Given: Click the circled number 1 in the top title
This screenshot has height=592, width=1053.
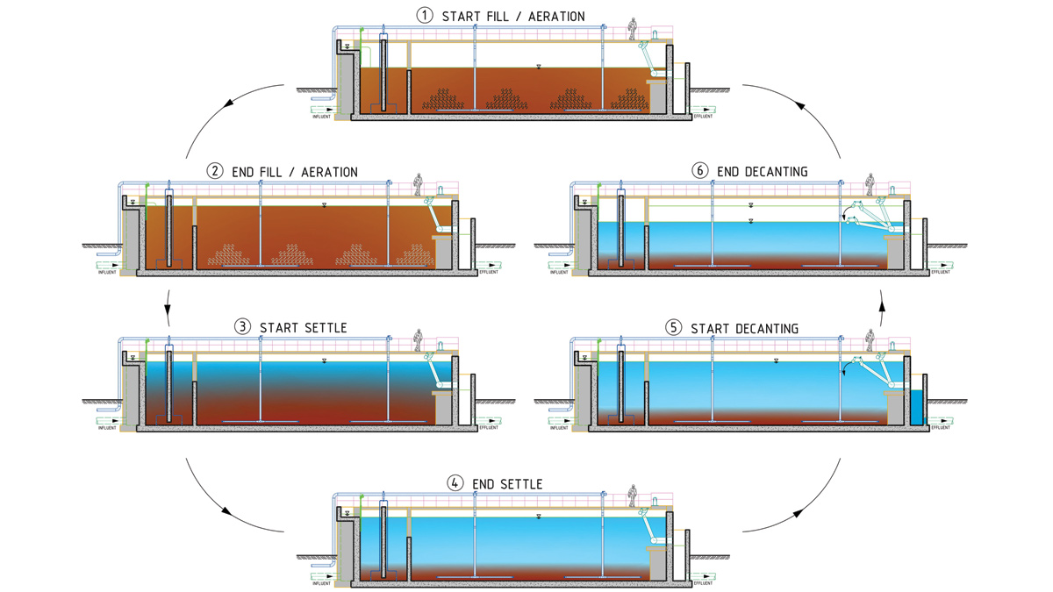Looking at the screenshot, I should (x=426, y=16).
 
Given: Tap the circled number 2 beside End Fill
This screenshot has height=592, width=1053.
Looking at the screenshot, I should (x=216, y=172).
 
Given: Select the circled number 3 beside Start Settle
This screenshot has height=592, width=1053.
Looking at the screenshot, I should (x=242, y=328).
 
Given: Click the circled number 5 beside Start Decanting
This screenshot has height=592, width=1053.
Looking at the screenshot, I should (x=673, y=328).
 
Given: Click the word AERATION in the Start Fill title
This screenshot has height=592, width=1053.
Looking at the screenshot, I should (x=552, y=16).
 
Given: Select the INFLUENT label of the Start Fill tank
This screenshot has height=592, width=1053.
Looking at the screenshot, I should (x=322, y=117).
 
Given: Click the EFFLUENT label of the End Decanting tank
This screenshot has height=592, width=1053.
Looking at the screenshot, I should (x=941, y=272).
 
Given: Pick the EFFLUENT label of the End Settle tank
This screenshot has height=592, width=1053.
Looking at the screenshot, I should (x=704, y=583).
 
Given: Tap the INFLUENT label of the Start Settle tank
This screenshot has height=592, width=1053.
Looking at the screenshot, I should (x=107, y=428).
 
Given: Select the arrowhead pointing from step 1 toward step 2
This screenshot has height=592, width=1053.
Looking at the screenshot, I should (x=229, y=103).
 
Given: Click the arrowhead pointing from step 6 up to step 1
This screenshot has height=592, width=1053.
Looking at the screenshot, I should (x=801, y=103).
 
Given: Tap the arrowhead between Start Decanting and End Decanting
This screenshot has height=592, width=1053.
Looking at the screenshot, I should (x=883, y=300).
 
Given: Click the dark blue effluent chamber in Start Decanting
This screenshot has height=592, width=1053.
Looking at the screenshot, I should (x=917, y=408).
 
